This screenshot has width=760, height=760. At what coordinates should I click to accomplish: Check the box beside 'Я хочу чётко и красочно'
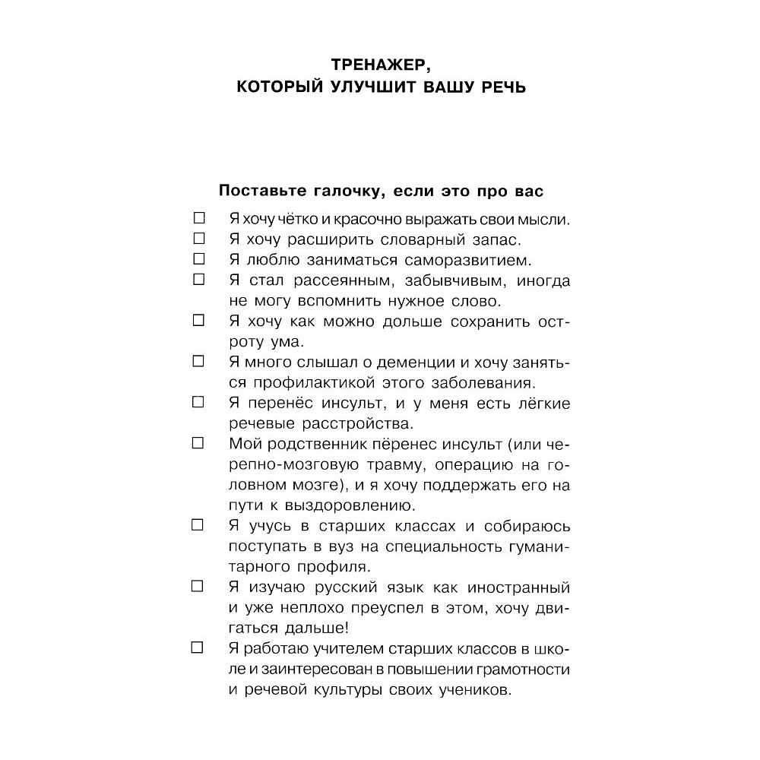pos(199,219)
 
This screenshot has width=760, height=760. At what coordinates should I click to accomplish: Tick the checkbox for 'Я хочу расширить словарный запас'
pos(199,239)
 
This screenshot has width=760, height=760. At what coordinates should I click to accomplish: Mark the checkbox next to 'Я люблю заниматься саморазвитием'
pos(199,259)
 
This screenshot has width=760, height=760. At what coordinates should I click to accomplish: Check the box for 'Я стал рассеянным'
pos(199,280)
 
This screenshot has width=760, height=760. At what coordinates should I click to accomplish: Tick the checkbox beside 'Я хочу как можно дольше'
pos(199,320)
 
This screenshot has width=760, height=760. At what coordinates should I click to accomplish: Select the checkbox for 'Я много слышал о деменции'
pos(199,360)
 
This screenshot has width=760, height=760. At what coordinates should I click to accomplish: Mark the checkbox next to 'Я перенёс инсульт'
pos(199,401)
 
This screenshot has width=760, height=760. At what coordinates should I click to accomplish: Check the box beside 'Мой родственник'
pos(199,442)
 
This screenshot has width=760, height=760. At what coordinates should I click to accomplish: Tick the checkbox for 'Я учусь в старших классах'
pos(199,524)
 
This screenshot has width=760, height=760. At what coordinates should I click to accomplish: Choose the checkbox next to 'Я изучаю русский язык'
pos(199,586)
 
